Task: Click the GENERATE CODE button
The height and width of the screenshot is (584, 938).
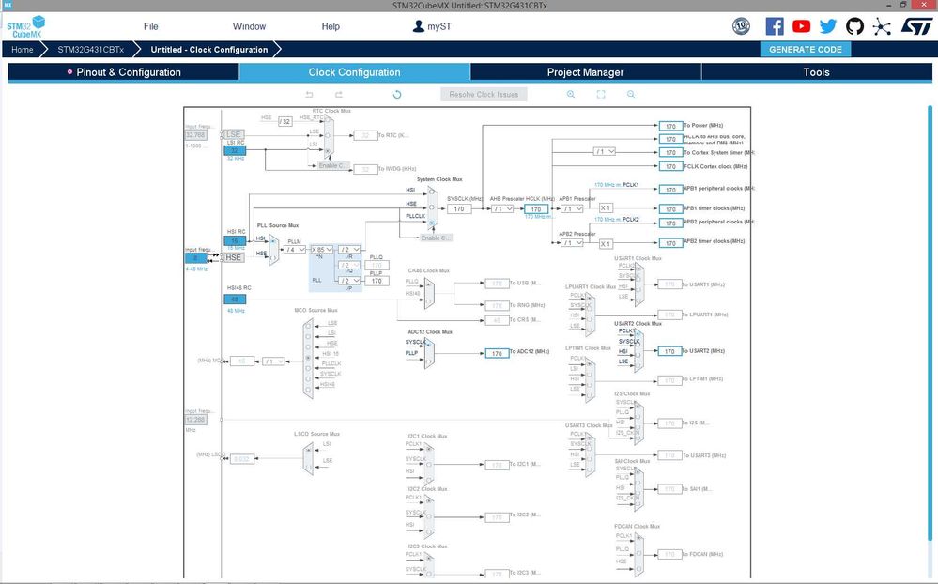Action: click(805, 49)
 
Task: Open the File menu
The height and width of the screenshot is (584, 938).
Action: click(151, 26)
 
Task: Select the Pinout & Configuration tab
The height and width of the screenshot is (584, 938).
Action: click(124, 72)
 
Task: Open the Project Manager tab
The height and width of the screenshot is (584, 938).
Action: click(585, 72)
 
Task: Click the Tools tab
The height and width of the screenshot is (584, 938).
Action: click(816, 72)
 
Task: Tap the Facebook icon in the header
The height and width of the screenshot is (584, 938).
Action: click(775, 26)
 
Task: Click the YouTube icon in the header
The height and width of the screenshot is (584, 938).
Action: click(801, 26)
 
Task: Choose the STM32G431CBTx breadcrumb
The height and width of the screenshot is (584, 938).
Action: click(90, 50)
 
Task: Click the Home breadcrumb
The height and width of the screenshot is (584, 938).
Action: click(23, 50)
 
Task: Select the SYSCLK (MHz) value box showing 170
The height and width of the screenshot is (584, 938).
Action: click(459, 209)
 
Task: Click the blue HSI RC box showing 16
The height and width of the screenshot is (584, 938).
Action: click(234, 241)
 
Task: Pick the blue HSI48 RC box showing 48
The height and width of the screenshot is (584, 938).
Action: click(234, 300)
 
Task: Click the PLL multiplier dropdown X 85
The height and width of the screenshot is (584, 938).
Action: click(322, 250)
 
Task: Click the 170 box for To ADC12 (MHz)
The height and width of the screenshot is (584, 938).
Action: click(496, 353)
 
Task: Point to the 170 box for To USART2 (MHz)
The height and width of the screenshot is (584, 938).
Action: click(669, 351)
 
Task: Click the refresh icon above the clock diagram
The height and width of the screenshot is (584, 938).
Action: click(397, 95)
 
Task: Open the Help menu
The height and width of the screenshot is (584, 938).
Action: click(331, 26)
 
